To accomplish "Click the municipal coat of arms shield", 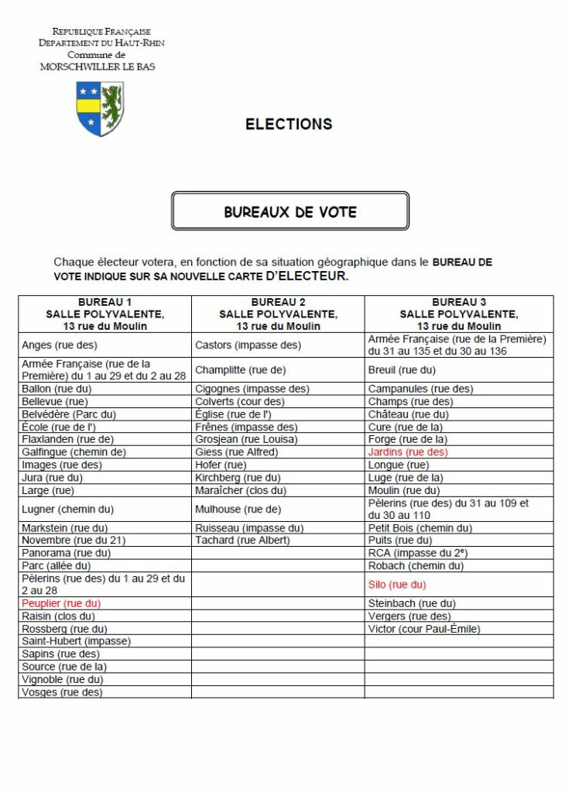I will point(101,108).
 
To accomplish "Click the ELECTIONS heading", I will point(289,124).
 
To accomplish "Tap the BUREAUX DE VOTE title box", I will point(290,211).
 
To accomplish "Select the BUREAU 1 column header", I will point(104,314).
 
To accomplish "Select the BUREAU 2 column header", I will point(278,314).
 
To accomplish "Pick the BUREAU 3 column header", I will point(459,314).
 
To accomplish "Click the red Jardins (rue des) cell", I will point(408,451).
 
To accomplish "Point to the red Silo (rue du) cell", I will point(396,585).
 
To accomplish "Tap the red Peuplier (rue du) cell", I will point(61,603).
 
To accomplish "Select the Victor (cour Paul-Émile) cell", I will point(424,629).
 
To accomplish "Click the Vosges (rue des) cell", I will point(62,692).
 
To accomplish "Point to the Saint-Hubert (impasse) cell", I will point(76,641).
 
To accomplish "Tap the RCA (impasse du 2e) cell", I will point(418,553).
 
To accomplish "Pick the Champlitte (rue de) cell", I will point(240,369).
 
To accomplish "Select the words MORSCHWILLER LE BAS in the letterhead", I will point(98,67).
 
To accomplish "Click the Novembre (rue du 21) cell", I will point(74,540).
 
